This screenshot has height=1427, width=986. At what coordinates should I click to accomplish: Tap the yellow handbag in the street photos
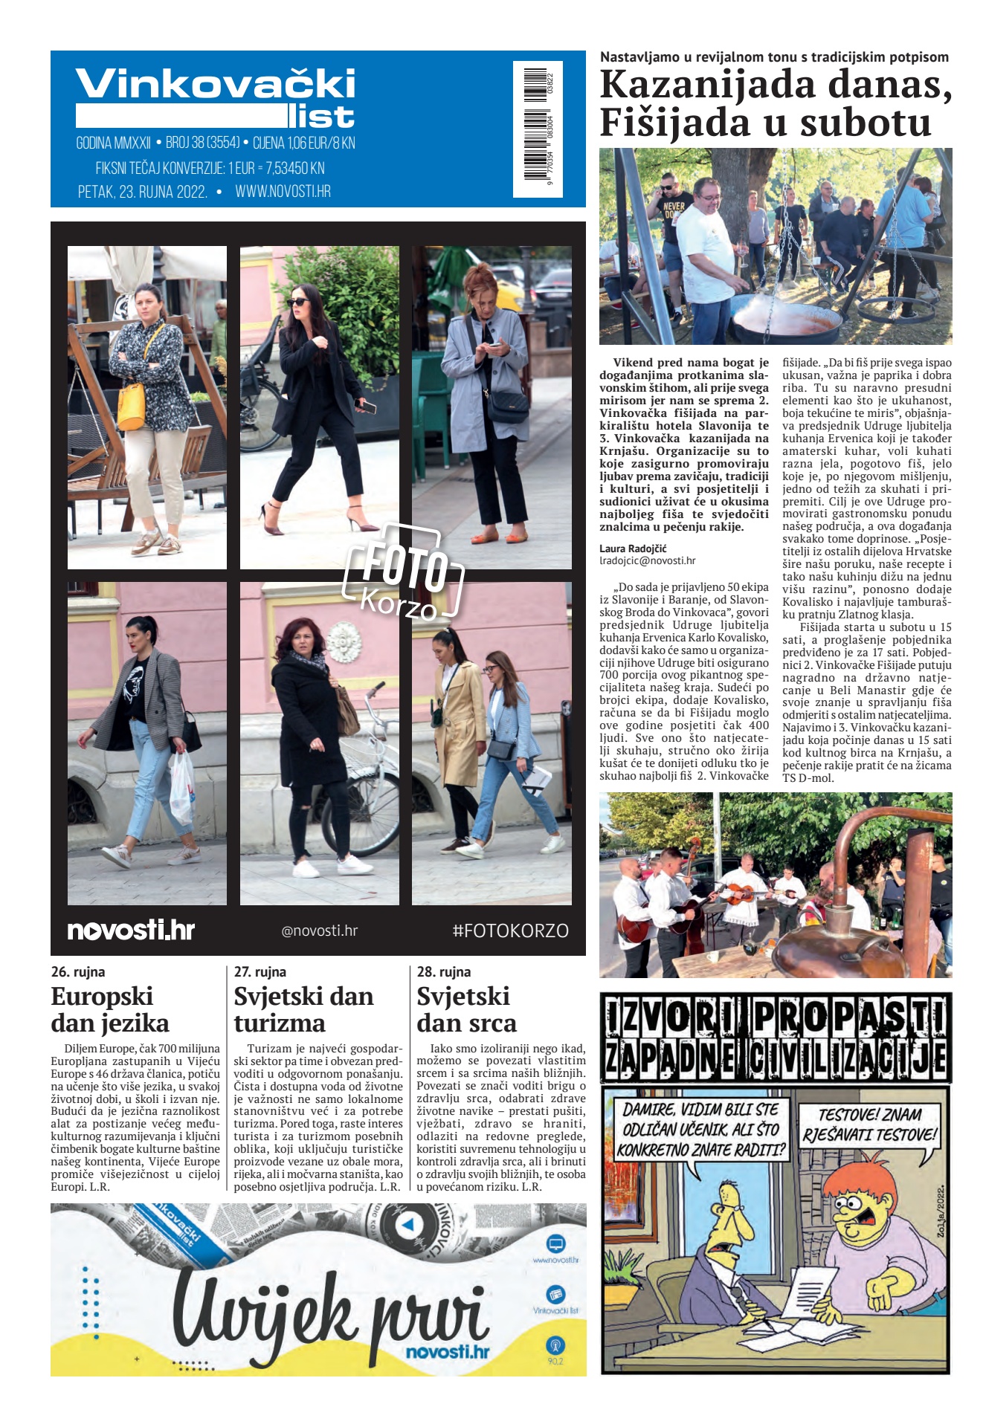tap(132, 407)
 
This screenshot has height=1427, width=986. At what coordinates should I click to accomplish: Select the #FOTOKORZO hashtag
tap(510, 931)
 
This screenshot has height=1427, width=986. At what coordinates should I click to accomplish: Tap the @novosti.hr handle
tap(319, 931)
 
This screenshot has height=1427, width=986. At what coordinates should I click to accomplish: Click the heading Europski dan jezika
tap(110, 1009)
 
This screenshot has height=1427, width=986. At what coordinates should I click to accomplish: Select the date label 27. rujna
tap(260, 971)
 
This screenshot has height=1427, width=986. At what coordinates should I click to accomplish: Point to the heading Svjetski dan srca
tap(466, 1009)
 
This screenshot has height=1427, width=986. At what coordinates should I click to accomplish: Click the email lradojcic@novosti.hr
tap(647, 561)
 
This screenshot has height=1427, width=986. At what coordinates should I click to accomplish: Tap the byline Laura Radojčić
tap(633, 549)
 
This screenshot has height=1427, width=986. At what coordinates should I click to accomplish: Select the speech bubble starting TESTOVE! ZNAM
tap(869, 1125)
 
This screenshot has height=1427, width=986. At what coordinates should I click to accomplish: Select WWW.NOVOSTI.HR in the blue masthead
tap(283, 192)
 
